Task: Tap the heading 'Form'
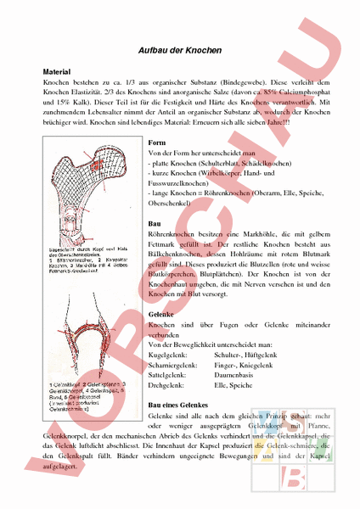(x=156, y=142)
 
